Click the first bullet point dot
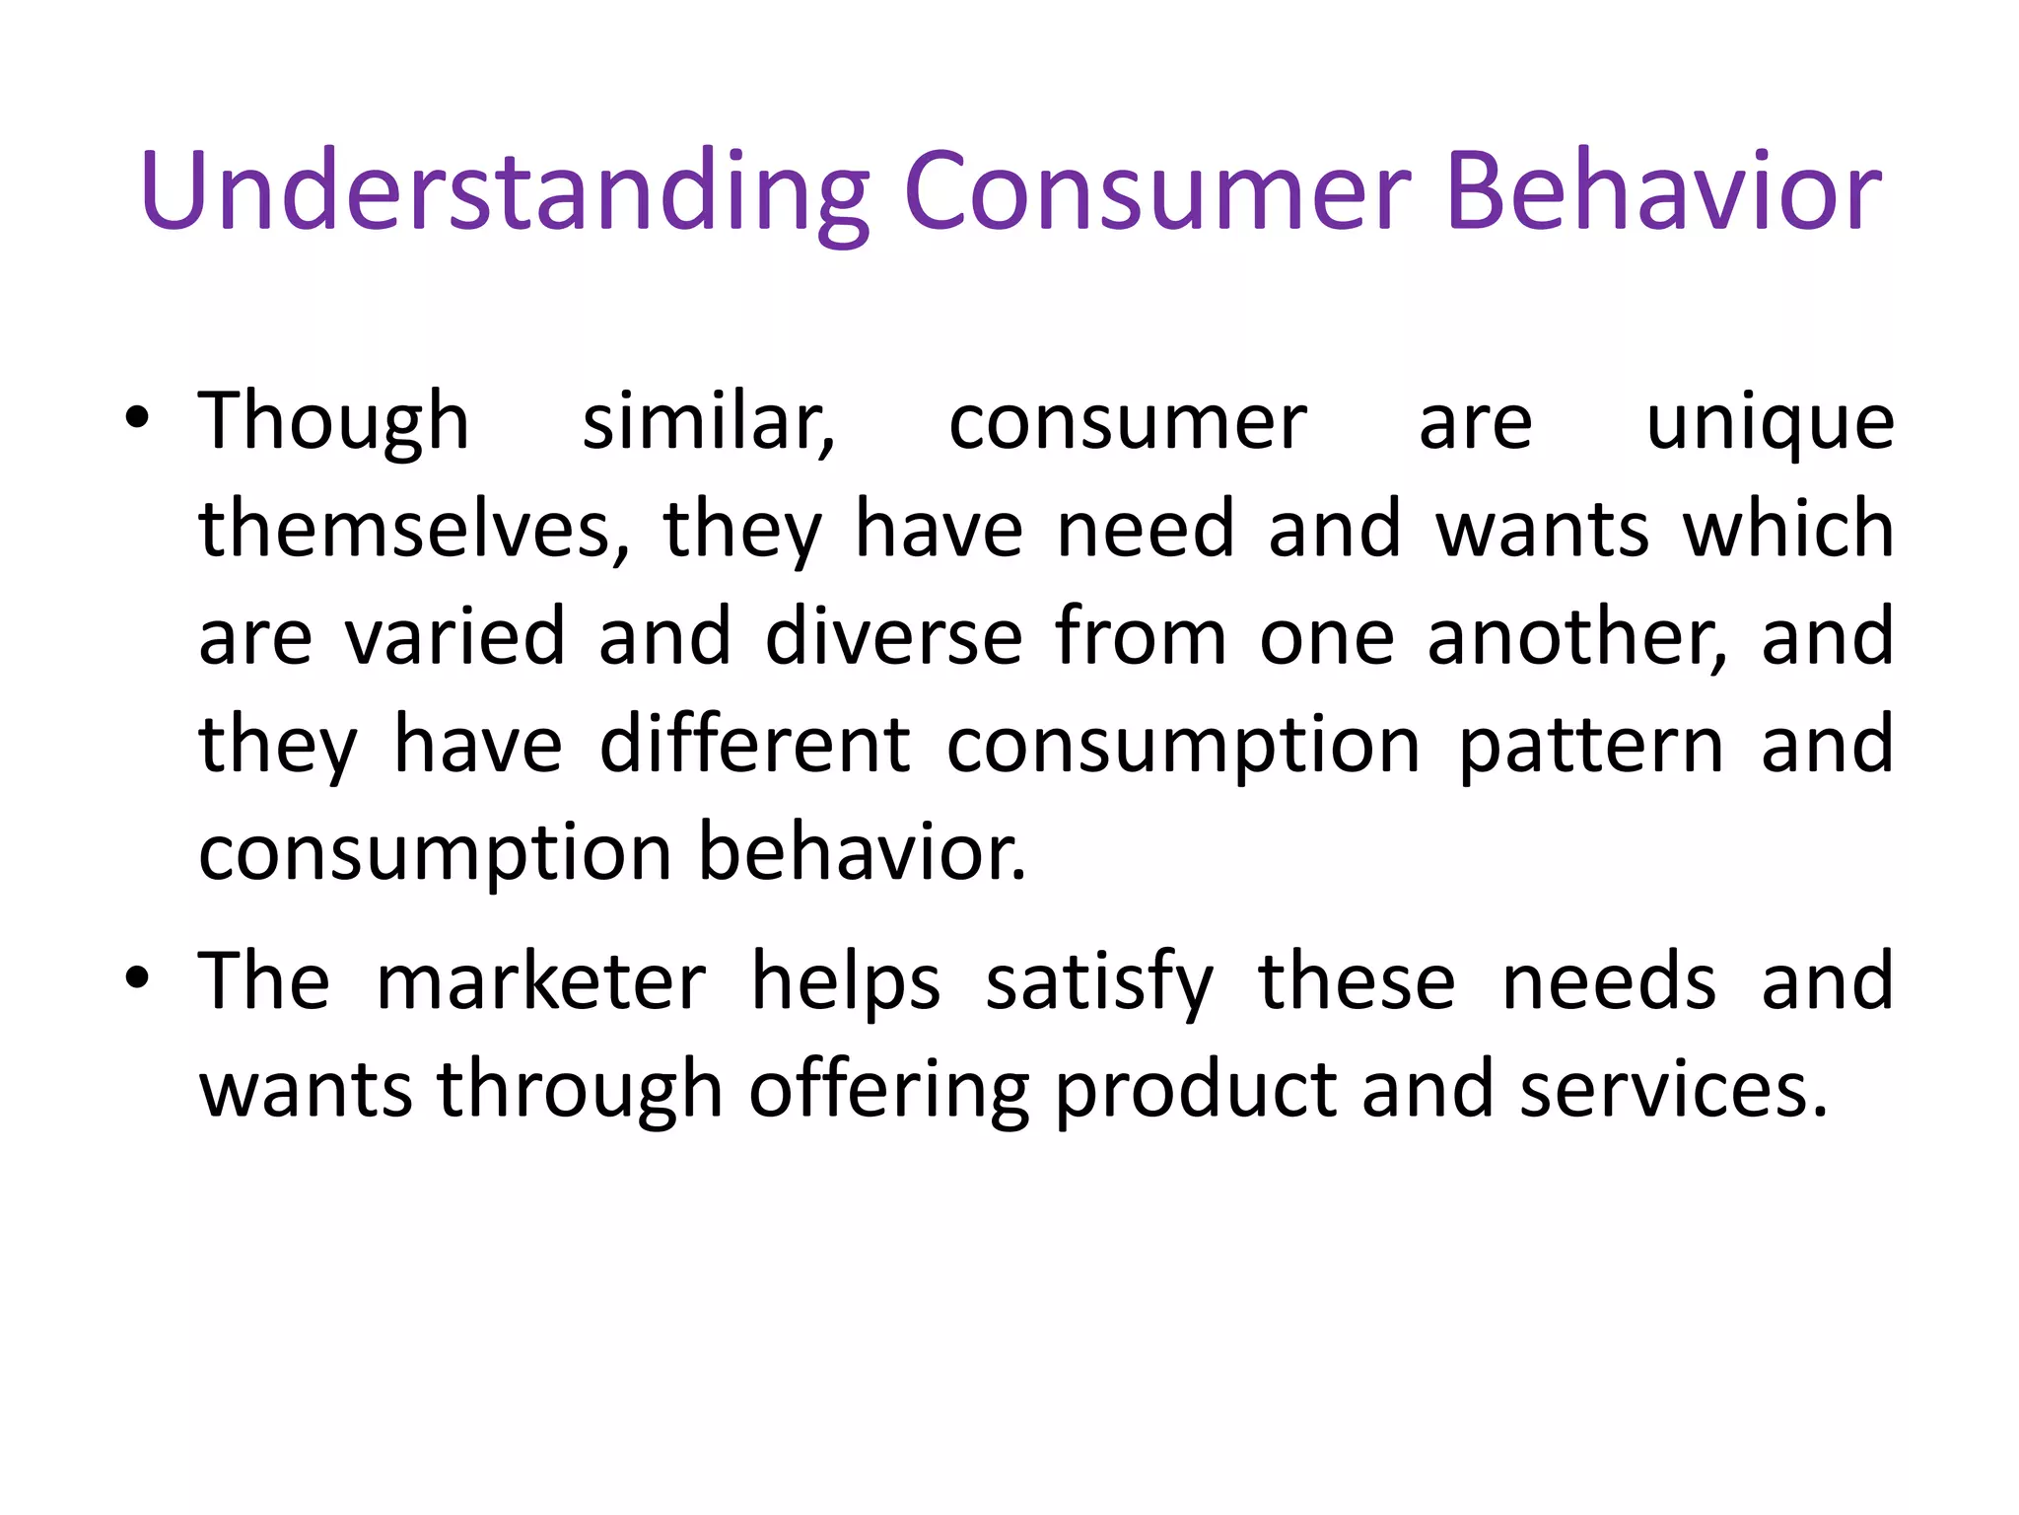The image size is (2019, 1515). tap(137, 418)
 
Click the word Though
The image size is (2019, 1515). tap(334, 422)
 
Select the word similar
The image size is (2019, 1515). tap(708, 422)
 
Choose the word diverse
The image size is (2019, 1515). tap(893, 637)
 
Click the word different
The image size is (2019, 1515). tap(755, 745)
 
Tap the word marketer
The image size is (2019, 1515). tap(541, 982)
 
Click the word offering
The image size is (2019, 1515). tap(889, 1091)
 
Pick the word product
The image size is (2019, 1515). tap(1196, 1091)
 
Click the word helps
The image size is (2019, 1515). tap(846, 982)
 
